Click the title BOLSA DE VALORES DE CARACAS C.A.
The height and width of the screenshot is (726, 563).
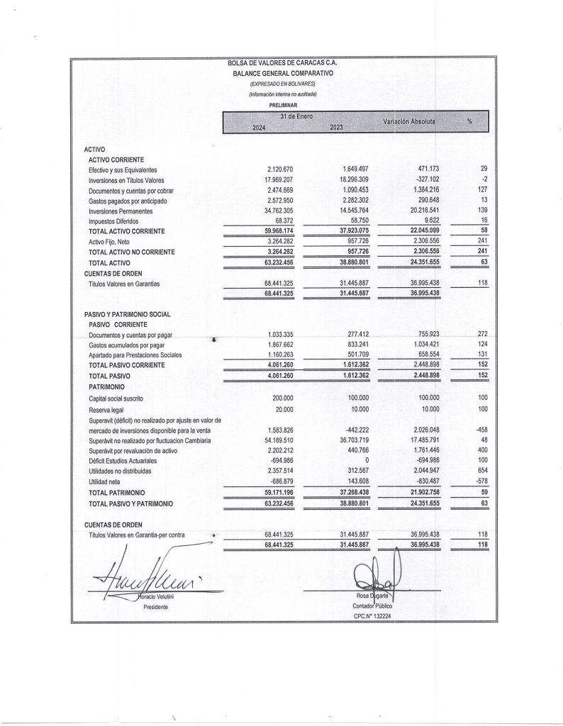pyautogui.click(x=281, y=63)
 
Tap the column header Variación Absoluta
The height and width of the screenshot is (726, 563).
pyautogui.click(x=409, y=122)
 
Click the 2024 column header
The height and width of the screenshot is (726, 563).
pyautogui.click(x=260, y=127)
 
